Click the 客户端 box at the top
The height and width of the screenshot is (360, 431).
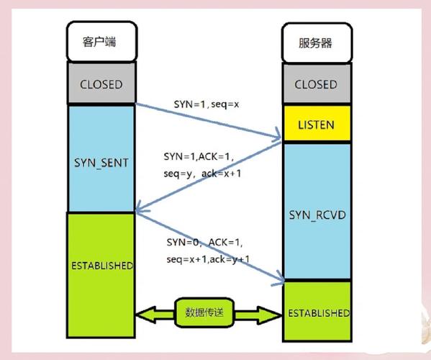coord(101,42)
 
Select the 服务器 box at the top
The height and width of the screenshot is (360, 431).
coord(315,42)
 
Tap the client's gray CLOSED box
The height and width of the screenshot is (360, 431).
coord(101,84)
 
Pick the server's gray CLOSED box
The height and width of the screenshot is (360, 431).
coord(315,84)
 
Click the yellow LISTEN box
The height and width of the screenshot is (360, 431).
coord(315,125)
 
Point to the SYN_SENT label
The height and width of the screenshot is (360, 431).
coord(101,163)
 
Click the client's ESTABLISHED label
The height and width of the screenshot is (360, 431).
coord(101,265)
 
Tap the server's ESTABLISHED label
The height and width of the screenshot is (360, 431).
coord(317,313)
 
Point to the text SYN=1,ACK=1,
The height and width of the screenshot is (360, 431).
coord(199,156)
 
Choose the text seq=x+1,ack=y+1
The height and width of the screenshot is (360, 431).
coord(208,258)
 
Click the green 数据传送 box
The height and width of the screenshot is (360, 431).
coord(209,312)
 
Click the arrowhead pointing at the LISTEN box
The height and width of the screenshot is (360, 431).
coord(277,135)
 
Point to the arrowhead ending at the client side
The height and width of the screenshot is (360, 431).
coord(139,211)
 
